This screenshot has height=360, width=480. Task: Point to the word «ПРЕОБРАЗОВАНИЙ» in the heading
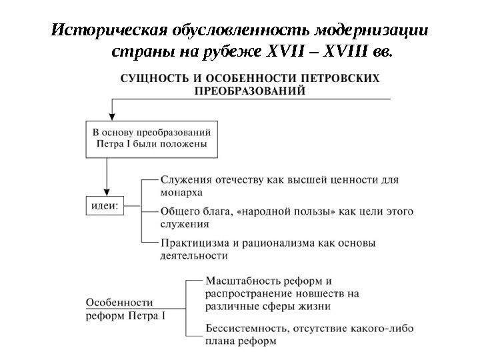tap(250, 92)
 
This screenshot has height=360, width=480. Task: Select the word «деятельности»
tap(194, 255)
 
